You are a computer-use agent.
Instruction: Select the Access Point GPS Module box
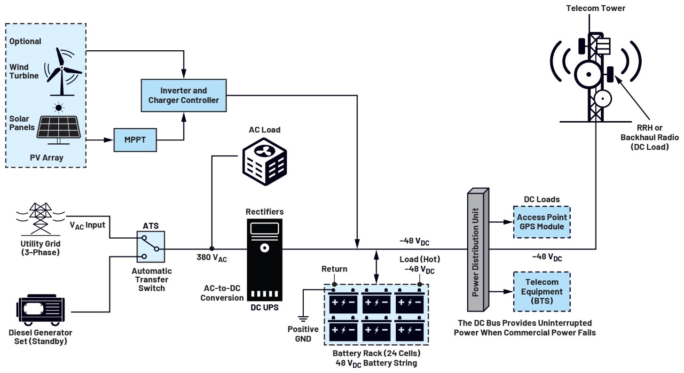pyautogui.click(x=542, y=222)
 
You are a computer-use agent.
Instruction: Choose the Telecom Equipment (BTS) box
pyautogui.click(x=542, y=291)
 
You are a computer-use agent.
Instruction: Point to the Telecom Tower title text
pyautogui.click(x=596, y=8)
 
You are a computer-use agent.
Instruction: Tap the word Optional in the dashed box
pyautogui.click(x=25, y=41)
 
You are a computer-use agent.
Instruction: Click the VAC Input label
pyautogui.click(x=87, y=225)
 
